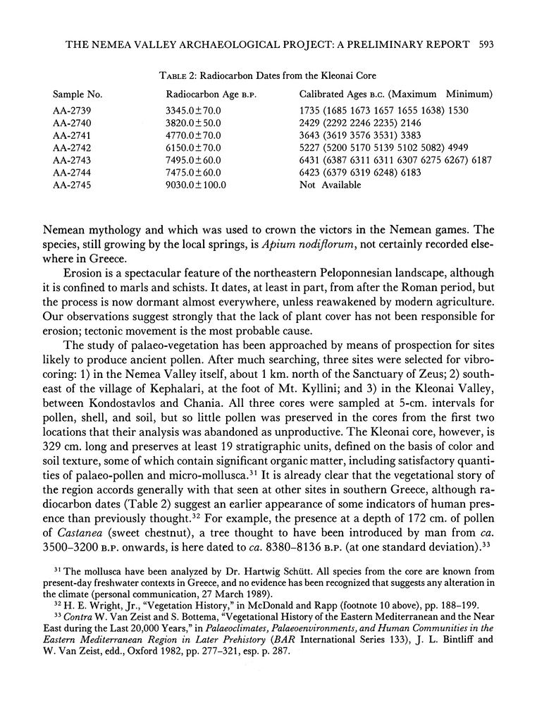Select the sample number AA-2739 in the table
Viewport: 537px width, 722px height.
pyautogui.click(x=72, y=111)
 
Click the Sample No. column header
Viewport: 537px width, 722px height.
pyautogui.click(x=78, y=94)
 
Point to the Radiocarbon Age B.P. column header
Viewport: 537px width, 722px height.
pyautogui.click(x=204, y=94)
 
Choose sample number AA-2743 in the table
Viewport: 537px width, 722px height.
pyautogui.click(x=72, y=160)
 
